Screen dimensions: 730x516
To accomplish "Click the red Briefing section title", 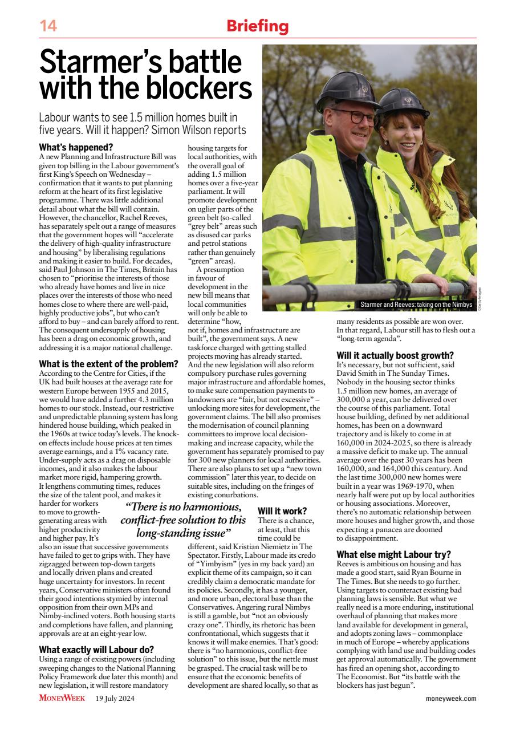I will (258, 26).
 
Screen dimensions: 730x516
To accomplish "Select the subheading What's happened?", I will (76, 147).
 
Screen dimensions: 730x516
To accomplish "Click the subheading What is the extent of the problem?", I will (108, 363).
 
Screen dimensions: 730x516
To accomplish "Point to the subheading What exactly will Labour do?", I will (96, 649).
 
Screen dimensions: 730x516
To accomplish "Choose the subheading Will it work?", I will (282, 511).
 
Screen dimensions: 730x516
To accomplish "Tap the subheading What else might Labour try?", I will (393, 554).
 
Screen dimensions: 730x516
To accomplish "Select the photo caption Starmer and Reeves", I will (416, 305).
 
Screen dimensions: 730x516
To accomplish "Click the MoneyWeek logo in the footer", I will (62, 698).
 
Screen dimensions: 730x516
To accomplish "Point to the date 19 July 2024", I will (116, 699).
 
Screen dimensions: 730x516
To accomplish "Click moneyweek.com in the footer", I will (451, 699).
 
